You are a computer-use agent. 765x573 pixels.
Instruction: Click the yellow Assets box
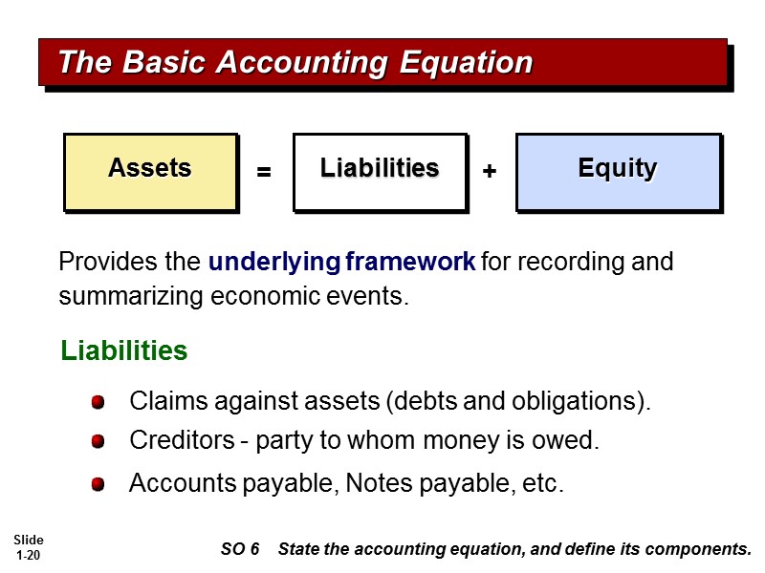pos(150,171)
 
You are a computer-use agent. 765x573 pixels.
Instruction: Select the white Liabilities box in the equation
pos(379,171)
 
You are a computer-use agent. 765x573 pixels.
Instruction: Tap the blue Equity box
pos(617,171)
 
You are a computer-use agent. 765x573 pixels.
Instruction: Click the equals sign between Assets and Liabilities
pos(265,173)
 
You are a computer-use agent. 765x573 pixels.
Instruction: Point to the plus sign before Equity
pos(490,172)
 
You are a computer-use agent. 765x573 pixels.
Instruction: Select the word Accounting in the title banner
pos(301,63)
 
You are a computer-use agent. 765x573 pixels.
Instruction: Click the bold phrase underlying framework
pos(341,262)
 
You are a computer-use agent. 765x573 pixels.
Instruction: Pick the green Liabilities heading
pos(123,351)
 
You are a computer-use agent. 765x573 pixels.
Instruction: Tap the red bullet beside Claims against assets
pos(98,403)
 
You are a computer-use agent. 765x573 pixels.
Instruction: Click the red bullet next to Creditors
pos(98,442)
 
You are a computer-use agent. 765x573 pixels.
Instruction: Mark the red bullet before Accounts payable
pos(98,485)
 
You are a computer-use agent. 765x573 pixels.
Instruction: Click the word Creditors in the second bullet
pos(175,441)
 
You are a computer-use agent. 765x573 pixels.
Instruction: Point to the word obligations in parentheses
pos(583,401)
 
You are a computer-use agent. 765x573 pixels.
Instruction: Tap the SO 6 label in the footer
pos(240,549)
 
